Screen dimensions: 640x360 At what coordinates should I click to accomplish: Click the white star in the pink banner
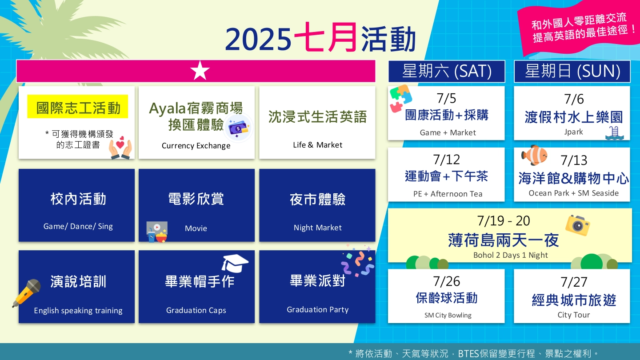(200, 71)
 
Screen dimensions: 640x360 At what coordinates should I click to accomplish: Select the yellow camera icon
(577, 225)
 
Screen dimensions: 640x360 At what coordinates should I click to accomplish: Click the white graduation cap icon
(235, 263)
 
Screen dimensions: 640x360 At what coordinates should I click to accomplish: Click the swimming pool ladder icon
(614, 133)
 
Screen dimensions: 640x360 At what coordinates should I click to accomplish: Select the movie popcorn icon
(156, 232)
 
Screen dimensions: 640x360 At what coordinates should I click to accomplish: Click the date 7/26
(446, 281)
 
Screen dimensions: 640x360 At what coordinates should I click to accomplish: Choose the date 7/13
(574, 160)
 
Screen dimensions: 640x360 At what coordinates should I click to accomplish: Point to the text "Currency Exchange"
(196, 146)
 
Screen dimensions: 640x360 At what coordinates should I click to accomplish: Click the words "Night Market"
(317, 228)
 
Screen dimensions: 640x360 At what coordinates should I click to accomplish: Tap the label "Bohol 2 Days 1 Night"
(510, 255)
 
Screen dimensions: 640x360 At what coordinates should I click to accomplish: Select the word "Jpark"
(573, 132)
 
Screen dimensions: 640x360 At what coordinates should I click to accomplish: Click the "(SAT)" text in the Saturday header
(473, 71)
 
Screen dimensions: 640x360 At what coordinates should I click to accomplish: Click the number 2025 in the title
(258, 40)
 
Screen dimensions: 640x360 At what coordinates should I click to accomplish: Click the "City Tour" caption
(573, 315)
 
